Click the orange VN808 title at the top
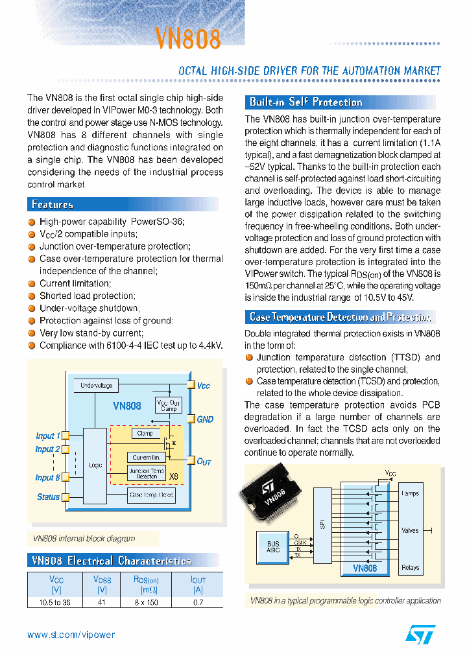187,38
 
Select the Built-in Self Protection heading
305,102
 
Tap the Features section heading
53,204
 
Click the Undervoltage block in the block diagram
96,386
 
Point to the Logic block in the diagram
95,465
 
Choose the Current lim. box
146,457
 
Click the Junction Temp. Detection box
147,473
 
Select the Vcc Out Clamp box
168,405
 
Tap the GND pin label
205,419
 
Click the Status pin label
48,497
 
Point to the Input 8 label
47,478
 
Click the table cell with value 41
102,602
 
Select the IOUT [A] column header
198,585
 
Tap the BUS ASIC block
273,546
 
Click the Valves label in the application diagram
410,530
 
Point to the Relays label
410,567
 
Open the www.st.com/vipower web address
71,635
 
